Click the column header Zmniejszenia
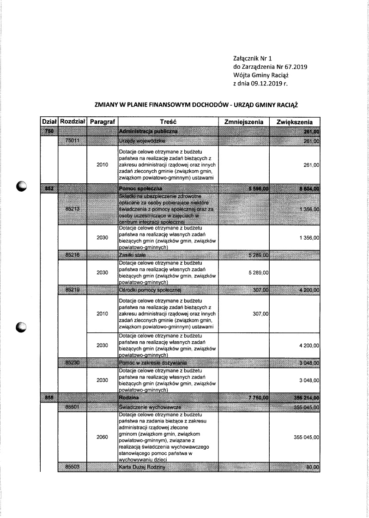tap(244, 122)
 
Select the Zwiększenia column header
tap(295, 122)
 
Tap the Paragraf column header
tap(102, 122)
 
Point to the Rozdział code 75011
tap(73, 140)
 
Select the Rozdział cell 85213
tap(73, 209)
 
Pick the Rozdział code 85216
tap(73, 254)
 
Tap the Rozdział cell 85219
tap(73, 290)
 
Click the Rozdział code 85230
tap(73, 362)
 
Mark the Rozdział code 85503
tap(73, 467)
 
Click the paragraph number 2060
tap(103, 437)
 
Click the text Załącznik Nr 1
tap(254, 58)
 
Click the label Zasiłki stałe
tap(133, 255)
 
